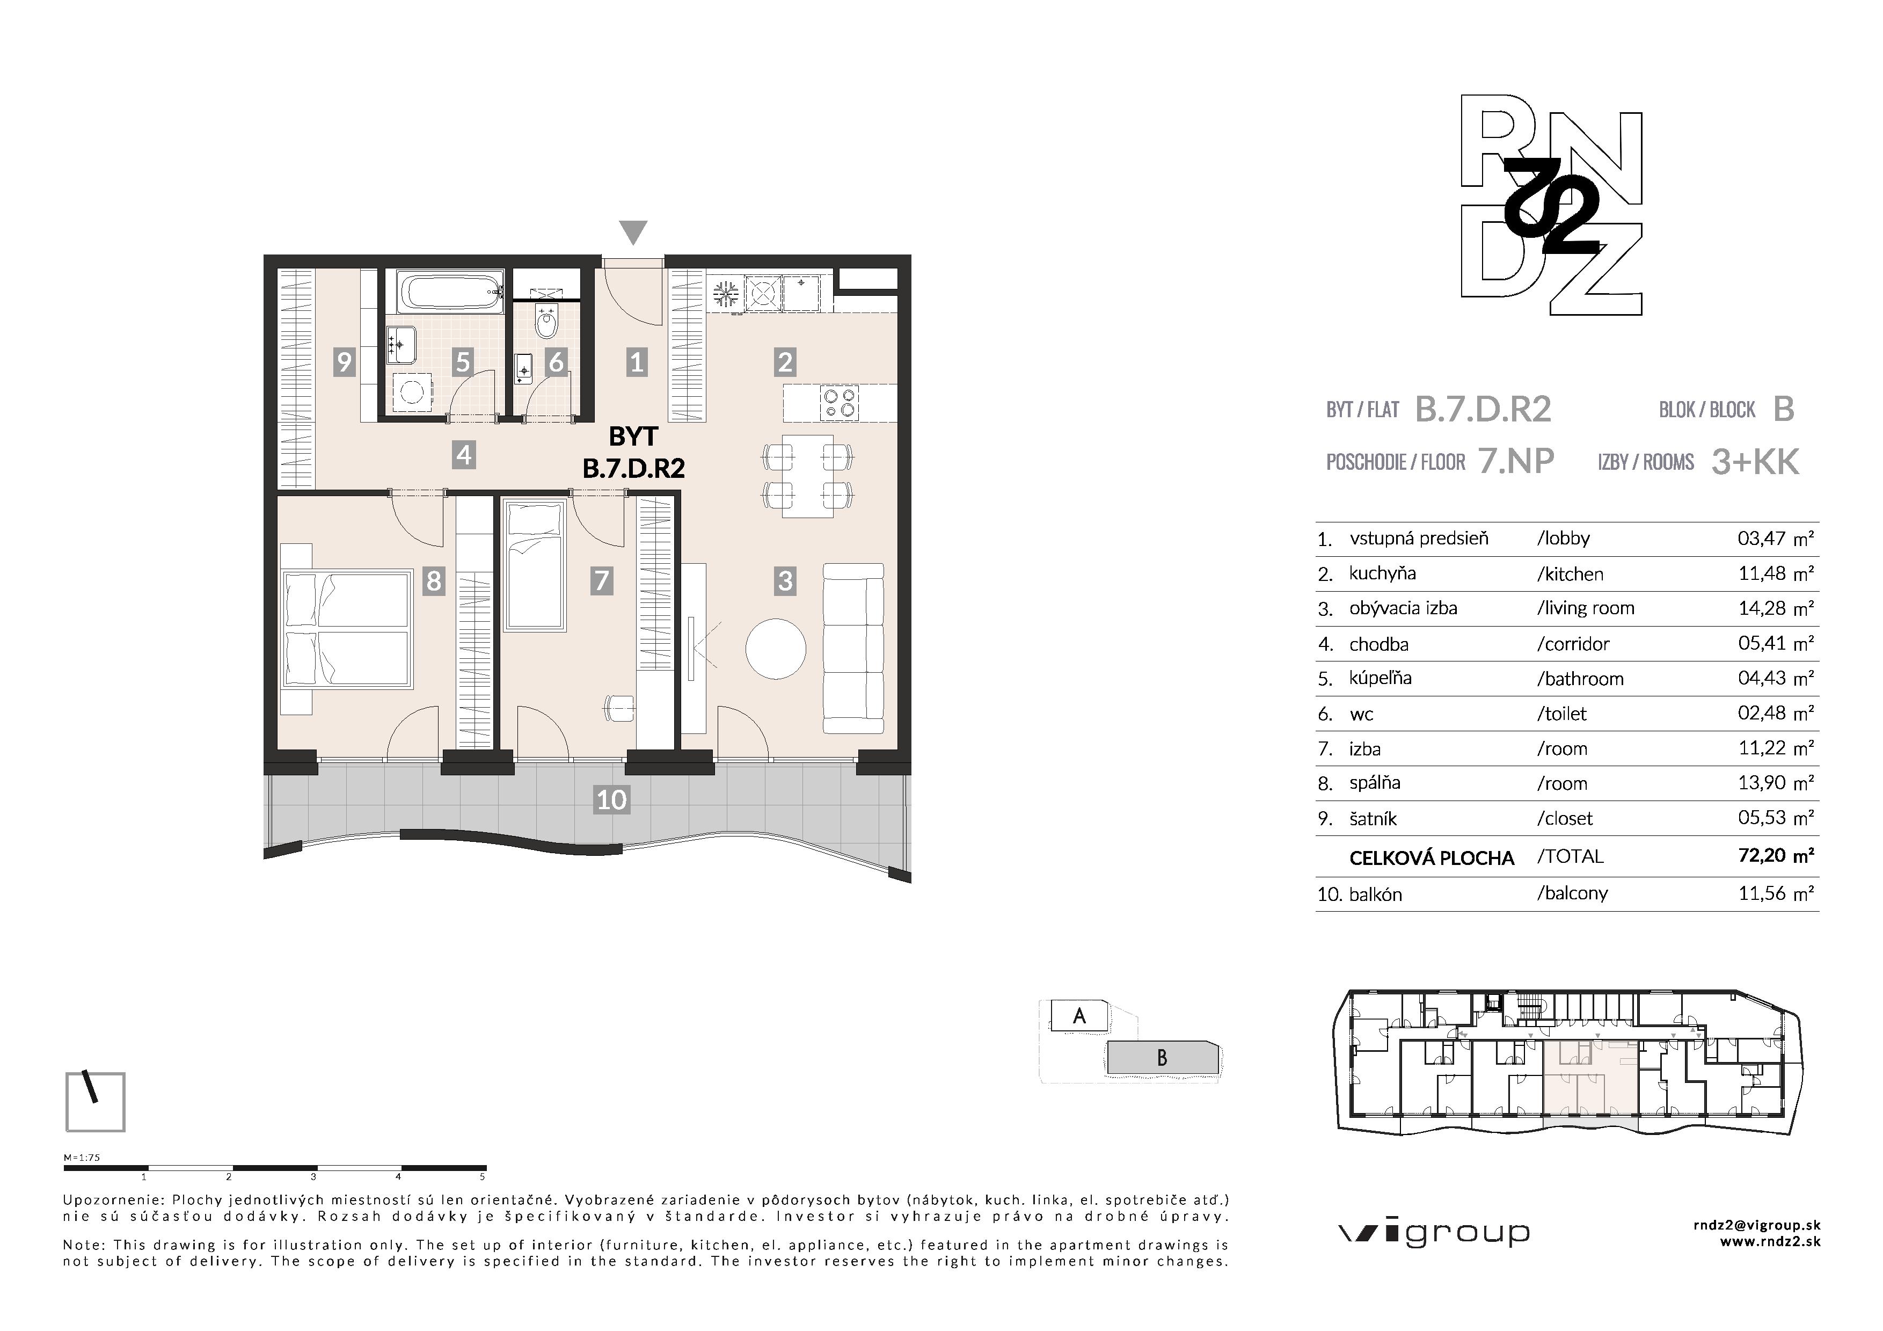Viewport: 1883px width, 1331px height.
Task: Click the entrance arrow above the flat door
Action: tap(633, 231)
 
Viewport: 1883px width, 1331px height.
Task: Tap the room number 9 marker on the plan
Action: tap(344, 362)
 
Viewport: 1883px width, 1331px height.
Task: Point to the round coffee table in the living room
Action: tap(775, 648)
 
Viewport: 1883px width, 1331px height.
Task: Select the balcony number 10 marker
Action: tap(612, 799)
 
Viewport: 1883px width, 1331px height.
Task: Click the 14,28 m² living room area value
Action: tap(1776, 608)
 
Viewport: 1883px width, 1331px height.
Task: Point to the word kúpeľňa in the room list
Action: tap(1380, 678)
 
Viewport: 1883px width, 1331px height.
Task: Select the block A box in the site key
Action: tap(1079, 1016)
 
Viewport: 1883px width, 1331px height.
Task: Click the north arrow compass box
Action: tap(95, 1101)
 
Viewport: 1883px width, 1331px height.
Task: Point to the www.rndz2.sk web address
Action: tap(1770, 1242)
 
